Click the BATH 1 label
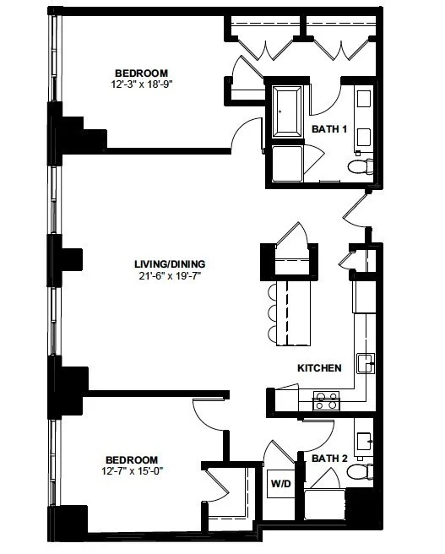(329, 129)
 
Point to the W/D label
(279, 484)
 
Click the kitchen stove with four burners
(325, 400)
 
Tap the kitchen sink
(366, 364)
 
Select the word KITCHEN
(319, 368)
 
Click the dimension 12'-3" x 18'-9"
(141, 84)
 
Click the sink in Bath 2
(366, 440)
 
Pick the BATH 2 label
(329, 459)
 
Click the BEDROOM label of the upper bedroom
(141, 73)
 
